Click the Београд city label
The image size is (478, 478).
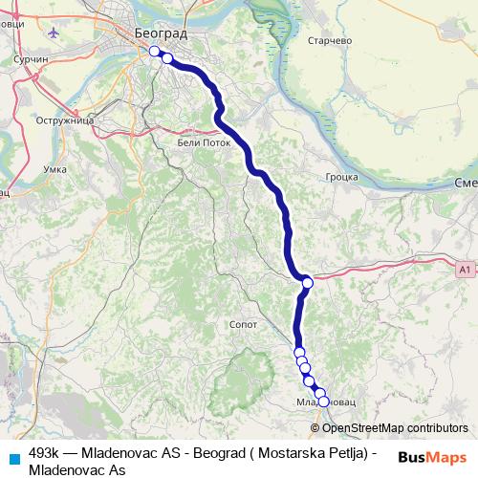[x=162, y=33]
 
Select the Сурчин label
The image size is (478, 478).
[x=30, y=58]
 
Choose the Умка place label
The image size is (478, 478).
[x=55, y=169]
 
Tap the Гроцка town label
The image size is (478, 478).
[x=341, y=177]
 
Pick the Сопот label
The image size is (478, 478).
[x=244, y=325]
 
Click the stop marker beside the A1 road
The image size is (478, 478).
[x=308, y=282]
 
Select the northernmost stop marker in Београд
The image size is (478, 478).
[x=155, y=51]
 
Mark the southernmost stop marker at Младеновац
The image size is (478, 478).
[x=323, y=402]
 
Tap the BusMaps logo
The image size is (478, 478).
[x=433, y=457]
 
